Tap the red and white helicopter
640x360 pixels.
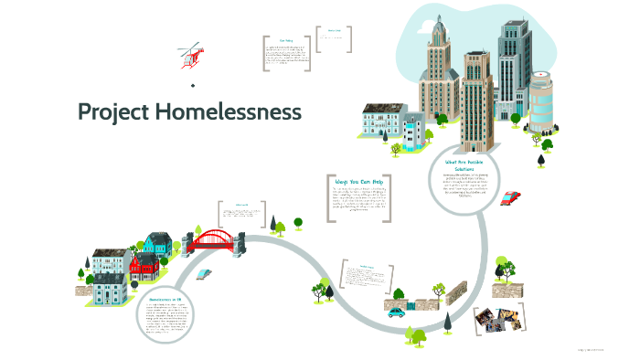tap(190, 55)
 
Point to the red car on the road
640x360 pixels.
tap(511, 196)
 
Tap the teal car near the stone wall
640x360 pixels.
tap(396, 312)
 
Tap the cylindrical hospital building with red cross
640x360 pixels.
tap(540, 101)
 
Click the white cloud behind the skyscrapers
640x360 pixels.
tap(475, 27)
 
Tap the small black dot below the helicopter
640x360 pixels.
tap(193, 85)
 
